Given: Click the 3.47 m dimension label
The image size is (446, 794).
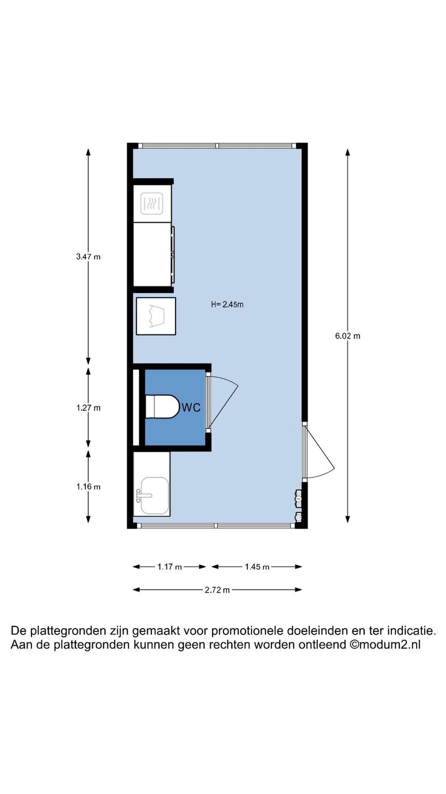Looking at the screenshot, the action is (88, 256).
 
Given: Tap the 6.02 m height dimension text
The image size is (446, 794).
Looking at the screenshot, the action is (347, 336).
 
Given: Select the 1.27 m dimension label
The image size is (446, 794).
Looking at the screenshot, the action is (88, 408).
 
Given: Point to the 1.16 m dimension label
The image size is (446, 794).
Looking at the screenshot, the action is (88, 487).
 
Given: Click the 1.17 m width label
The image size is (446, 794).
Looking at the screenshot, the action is (170, 567).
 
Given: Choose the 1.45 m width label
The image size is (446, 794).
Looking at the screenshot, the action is (257, 567).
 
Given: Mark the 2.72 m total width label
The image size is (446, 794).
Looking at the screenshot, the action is (217, 590).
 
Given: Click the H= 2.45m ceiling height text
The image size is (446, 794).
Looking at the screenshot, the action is (227, 304).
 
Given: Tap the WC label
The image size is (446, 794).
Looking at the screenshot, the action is (191, 407).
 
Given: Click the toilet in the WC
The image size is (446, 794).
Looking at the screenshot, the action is (162, 406).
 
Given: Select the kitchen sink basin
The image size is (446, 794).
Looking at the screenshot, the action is (155, 496).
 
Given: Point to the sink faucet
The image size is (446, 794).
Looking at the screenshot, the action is (143, 495).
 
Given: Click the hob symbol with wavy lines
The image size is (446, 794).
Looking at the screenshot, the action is (152, 203).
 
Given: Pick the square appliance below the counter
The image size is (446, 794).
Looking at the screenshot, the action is (156, 316).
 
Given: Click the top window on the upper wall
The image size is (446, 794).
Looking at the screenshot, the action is (217, 146).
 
